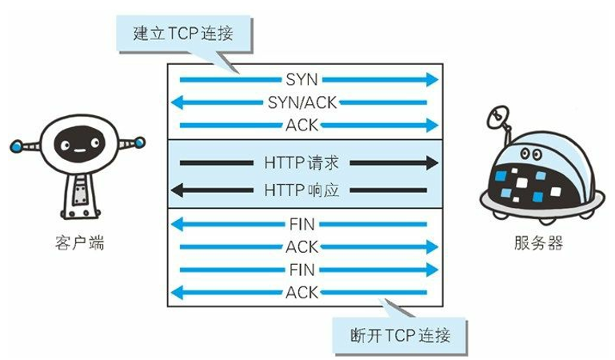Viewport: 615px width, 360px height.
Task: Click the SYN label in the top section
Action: pyautogui.click(x=302, y=80)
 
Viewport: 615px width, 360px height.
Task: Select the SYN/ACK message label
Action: pyautogui.click(x=302, y=102)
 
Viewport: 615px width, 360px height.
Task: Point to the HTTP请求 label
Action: pyautogui.click(x=302, y=163)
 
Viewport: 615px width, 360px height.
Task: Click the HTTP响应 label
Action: pyautogui.click(x=302, y=190)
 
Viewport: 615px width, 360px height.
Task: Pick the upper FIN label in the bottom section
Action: pyautogui.click(x=302, y=225)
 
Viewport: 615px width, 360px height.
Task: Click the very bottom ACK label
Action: pyautogui.click(x=302, y=292)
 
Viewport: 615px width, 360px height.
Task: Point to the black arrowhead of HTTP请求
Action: pyautogui.click(x=432, y=163)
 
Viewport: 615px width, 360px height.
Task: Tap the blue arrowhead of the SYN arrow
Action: pyautogui.click(x=433, y=80)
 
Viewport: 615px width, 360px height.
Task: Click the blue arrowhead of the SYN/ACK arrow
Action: pyautogui.click(x=179, y=102)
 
